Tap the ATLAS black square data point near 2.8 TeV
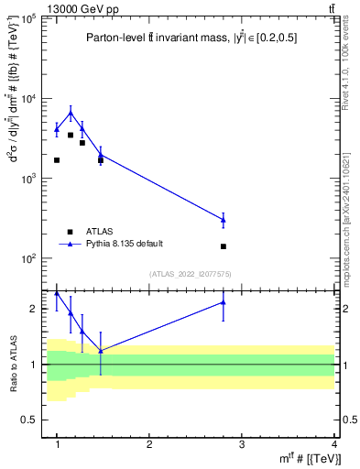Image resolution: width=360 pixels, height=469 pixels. point(224,246)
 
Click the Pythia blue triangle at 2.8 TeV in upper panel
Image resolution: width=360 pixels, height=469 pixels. point(224,220)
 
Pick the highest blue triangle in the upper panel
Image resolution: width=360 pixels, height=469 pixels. point(71,113)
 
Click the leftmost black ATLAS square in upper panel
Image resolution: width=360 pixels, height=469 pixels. point(57,160)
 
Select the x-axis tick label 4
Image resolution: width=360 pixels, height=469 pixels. point(334,443)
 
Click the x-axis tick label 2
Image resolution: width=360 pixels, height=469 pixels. point(149,443)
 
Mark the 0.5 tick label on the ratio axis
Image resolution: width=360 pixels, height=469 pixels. point(32,420)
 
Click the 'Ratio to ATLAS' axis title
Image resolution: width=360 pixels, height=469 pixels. point(13,365)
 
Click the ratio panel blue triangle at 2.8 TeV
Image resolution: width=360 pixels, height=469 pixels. point(224,301)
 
